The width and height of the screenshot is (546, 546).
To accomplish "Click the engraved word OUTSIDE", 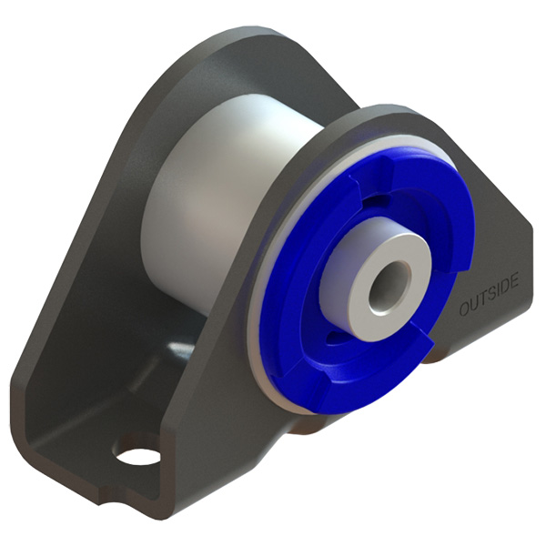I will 489,295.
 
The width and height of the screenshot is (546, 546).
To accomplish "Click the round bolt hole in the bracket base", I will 136,451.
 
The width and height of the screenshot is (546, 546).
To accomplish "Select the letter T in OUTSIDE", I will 481,299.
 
